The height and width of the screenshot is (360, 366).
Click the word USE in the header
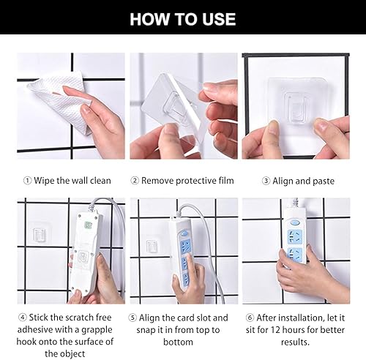(x=219, y=19)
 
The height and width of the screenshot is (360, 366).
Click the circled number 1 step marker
(x=28, y=181)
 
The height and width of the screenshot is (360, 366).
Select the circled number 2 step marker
(x=135, y=181)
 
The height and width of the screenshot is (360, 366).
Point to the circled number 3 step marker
(x=266, y=181)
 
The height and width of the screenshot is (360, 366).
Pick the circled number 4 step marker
(x=23, y=318)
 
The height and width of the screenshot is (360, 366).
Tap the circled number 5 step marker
(x=132, y=318)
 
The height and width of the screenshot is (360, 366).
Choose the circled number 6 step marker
(x=250, y=318)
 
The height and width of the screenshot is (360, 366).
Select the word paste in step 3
(x=324, y=181)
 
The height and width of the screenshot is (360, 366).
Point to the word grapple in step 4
(x=97, y=330)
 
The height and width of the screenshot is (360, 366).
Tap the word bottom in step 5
(x=178, y=342)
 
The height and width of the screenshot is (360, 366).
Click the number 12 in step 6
(x=275, y=330)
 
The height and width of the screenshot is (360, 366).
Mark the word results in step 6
(x=294, y=342)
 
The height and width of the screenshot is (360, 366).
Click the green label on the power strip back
(x=88, y=225)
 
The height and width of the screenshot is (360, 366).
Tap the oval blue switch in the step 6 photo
(x=294, y=222)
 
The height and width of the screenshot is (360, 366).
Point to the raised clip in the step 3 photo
(x=296, y=107)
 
